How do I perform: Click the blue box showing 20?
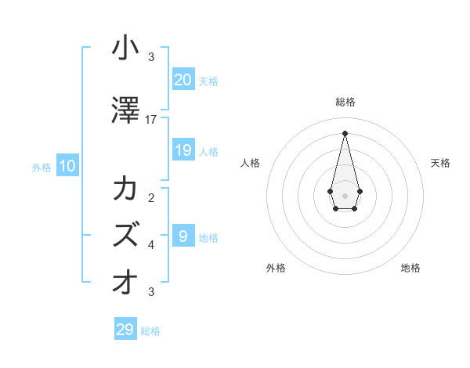tap(183, 79)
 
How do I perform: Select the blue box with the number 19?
tap(183, 150)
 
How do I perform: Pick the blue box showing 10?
tap(67, 166)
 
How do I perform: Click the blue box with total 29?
tap(125, 330)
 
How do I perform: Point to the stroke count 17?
tap(151, 120)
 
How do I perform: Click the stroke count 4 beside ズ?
tap(151, 244)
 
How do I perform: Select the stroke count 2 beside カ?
tap(151, 197)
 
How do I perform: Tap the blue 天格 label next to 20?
tap(208, 81)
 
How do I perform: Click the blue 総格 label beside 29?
tap(150, 332)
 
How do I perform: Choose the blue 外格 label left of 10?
tap(42, 168)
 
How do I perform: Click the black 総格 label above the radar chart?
tap(345, 102)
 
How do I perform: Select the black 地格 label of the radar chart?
tap(410, 268)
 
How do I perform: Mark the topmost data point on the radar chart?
tap(345, 132)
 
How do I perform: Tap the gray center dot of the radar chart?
tap(345, 195)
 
